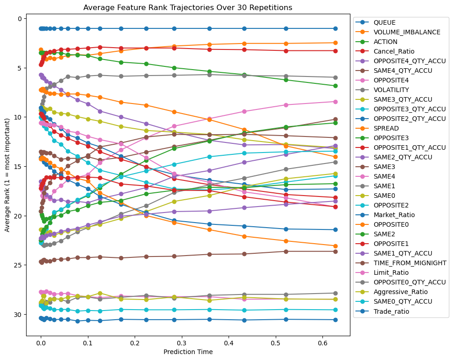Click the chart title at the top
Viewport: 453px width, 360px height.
(x=188, y=7)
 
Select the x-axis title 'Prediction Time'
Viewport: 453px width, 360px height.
(x=188, y=352)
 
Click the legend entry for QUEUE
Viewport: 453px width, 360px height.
(x=384, y=22)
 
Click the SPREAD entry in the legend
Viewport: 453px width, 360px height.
(x=386, y=129)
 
